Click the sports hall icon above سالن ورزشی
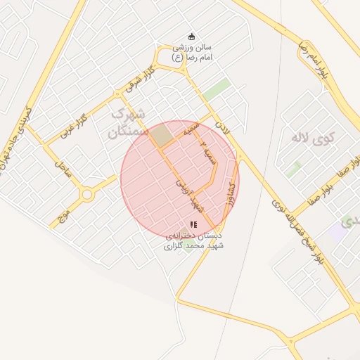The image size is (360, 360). pos(191,37)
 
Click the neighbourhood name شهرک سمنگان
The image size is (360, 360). pos(129,122)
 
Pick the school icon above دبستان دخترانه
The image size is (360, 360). pos(193,224)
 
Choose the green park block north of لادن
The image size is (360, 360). pos(217,91)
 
